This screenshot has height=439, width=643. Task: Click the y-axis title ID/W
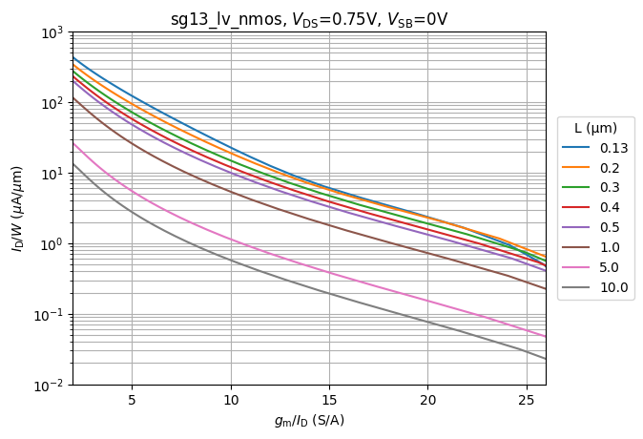pos(17,208)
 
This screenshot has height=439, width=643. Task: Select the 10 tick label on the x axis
pos(230,399)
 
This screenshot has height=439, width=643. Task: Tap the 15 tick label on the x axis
pos(329,399)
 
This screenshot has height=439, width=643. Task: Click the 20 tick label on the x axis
pos(427,399)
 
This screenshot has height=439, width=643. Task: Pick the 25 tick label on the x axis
pos(527,399)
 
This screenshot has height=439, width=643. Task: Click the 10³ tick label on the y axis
pos(51,32)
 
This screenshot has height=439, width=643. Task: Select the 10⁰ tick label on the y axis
pos(52,244)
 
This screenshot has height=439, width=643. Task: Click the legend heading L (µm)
pos(594,128)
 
